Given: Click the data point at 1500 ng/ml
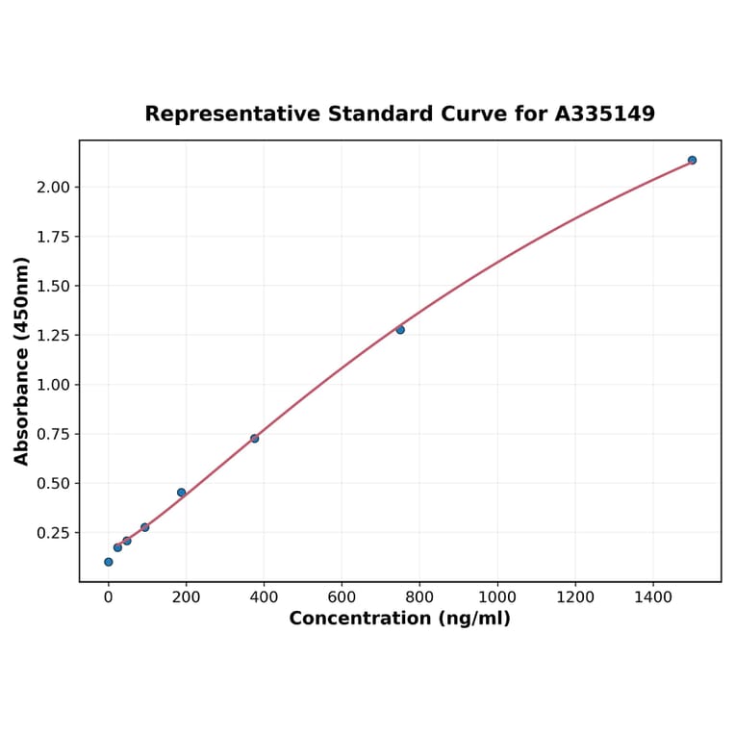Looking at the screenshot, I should pos(692,160).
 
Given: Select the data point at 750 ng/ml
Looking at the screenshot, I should pos(400,330).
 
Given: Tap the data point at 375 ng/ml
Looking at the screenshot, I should pos(254,439).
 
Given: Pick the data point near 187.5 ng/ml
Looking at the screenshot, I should pos(181,493).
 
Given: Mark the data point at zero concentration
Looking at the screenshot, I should pos(108,562).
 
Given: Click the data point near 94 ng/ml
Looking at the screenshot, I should pos(144,527).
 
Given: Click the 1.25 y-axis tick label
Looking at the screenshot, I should pos(53,336).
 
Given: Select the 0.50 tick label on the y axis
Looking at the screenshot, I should pos(53,483).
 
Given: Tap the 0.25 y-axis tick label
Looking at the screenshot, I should pos(53,533).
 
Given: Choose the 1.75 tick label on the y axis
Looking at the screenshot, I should pos(53,237).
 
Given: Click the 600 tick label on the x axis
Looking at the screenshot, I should pos(342,597).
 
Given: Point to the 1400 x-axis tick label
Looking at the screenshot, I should pos(653,597).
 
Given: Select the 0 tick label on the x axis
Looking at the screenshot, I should pos(108,597).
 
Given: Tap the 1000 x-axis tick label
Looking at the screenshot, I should pos(497,597).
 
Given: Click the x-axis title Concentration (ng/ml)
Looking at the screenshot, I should pos(399,619).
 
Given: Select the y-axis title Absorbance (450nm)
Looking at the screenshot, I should pos(22,362).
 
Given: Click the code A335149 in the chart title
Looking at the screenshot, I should pos(604,114).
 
